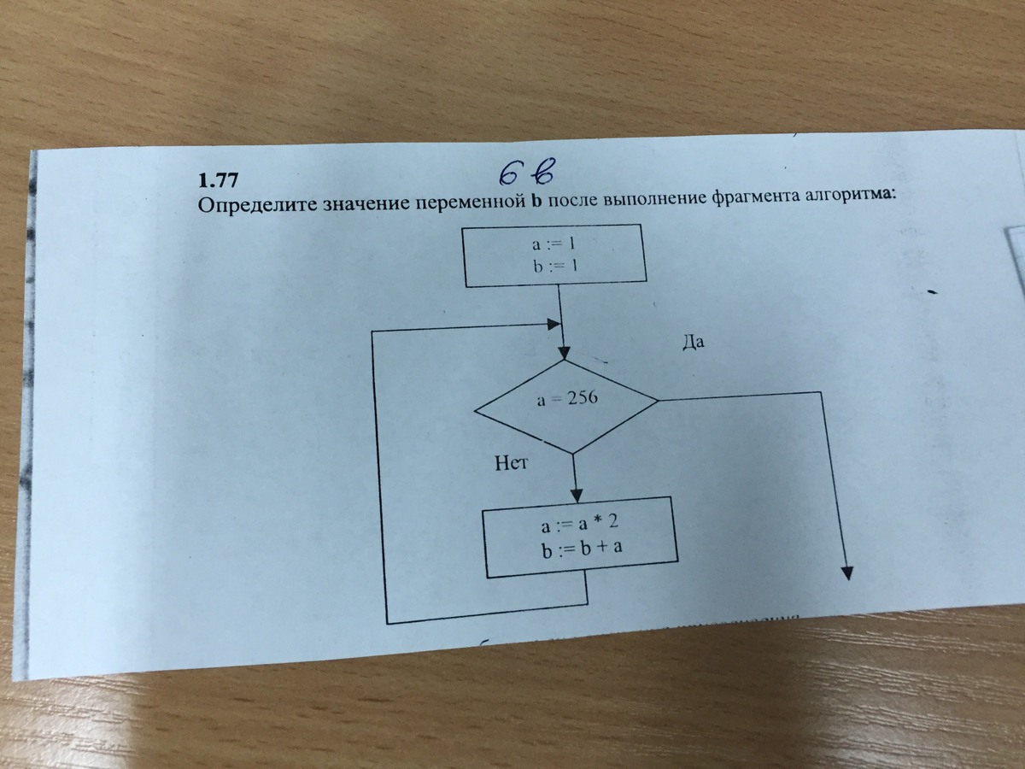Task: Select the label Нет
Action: point(512,465)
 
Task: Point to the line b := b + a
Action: point(580,551)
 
